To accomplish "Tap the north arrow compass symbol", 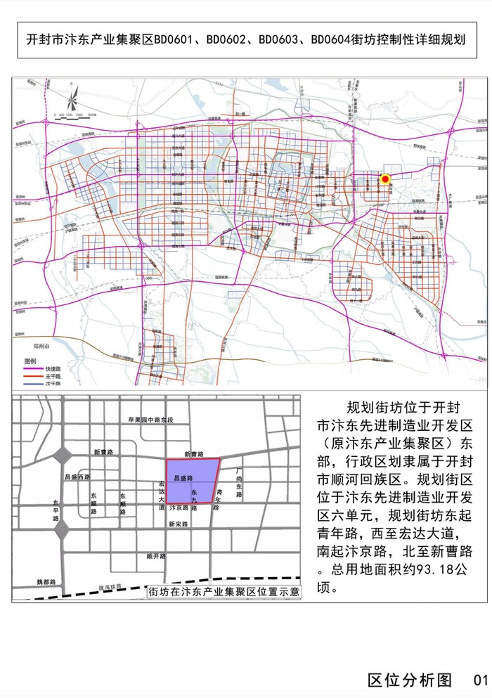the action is (x=74, y=95).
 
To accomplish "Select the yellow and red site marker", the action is (x=385, y=179).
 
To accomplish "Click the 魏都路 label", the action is (x=46, y=582).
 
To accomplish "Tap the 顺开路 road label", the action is (x=155, y=555).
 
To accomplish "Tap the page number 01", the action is (x=480, y=680).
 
